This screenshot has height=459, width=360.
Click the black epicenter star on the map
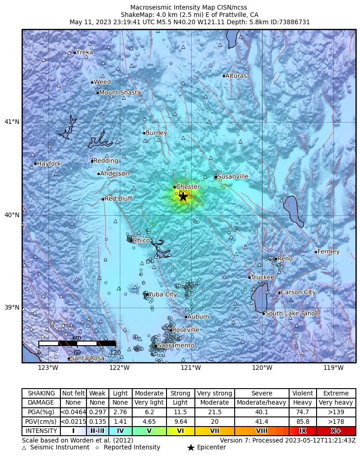pyautogui.click(x=183, y=197)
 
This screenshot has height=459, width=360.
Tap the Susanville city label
pyautogui.click(x=233, y=176)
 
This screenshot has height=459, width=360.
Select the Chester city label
pyautogui.click(x=188, y=187)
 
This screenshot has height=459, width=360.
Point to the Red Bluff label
pyautogui.click(x=118, y=199)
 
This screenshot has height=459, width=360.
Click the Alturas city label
pyautogui.click(x=236, y=76)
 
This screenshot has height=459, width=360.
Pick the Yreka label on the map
pyautogui.click(x=85, y=53)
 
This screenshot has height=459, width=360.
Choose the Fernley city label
pyautogui.click(x=328, y=252)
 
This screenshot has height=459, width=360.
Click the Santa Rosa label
pyautogui.click(x=87, y=358)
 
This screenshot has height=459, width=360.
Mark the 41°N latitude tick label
pyautogui.click(x=12, y=122)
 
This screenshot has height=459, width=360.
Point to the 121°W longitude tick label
pyautogui.click(x=191, y=368)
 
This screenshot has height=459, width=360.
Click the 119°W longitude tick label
pyautogui.click(x=333, y=368)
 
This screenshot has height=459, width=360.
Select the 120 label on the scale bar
pyautogui.click(x=115, y=352)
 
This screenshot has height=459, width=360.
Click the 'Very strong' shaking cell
pyautogui.click(x=215, y=393)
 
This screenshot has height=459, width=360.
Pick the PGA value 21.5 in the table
pyautogui.click(x=215, y=412)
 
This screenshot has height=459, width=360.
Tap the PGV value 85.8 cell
pyautogui.click(x=302, y=422)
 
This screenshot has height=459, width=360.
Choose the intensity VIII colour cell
pyautogui.click(x=262, y=431)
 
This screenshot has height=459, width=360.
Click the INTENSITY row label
pyautogui.click(x=41, y=431)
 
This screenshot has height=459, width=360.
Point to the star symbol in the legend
pyautogui.click(x=191, y=448)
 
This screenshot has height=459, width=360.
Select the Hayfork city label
pyautogui.click(x=49, y=164)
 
